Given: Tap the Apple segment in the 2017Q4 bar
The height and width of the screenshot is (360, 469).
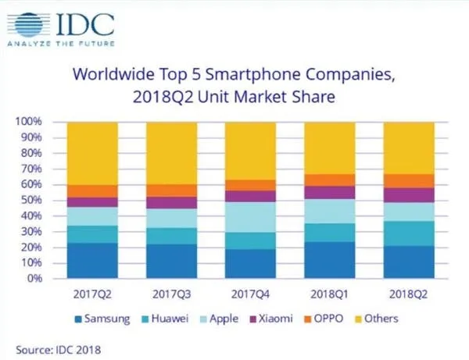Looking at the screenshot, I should (x=250, y=217).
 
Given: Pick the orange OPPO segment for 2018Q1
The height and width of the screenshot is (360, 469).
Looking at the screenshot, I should (x=328, y=180).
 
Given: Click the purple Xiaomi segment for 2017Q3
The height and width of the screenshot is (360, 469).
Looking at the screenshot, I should (x=173, y=203).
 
